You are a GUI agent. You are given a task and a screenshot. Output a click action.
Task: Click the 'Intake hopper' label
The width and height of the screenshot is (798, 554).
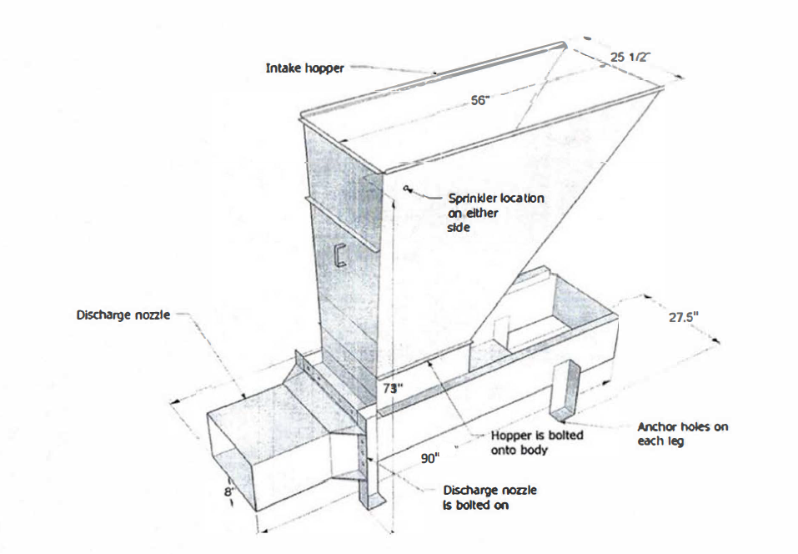pyautogui.click(x=305, y=68)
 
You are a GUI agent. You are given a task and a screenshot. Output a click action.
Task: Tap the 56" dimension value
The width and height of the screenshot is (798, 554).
pyautogui.click(x=479, y=100)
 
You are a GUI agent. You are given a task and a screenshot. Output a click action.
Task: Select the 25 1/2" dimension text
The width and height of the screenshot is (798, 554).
pyautogui.click(x=630, y=57)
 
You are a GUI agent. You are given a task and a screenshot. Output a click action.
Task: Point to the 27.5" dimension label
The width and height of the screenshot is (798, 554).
pyautogui.click(x=684, y=317)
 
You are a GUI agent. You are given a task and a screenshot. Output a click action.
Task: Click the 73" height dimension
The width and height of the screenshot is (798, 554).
pyautogui.click(x=393, y=388)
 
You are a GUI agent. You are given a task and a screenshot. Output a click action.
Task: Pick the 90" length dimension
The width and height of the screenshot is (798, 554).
pyautogui.click(x=430, y=458)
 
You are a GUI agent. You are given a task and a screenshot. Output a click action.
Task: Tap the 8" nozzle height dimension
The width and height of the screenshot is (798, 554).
pyautogui.click(x=229, y=491)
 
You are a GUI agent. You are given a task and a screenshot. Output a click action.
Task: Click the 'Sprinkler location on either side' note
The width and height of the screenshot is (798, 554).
pyautogui.click(x=496, y=213)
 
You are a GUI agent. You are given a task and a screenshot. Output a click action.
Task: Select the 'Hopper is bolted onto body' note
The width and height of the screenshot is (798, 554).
pyautogui.click(x=537, y=442)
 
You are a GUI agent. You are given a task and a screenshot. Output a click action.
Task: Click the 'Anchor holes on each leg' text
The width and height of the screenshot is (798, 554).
pyautogui.click(x=683, y=433)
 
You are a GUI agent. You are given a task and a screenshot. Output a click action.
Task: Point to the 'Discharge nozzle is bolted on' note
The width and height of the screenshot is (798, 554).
pyautogui.click(x=489, y=497)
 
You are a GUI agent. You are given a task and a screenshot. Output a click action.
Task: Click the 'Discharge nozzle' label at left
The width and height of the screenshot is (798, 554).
pyautogui.click(x=123, y=315)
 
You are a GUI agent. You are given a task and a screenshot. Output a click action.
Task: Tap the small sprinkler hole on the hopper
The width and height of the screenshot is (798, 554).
pyautogui.click(x=405, y=188)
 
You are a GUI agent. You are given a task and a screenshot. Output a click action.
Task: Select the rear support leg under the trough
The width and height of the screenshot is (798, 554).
pyautogui.click(x=565, y=391)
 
